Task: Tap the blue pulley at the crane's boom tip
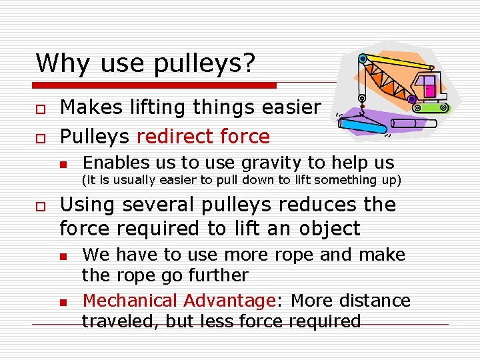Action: (362, 59)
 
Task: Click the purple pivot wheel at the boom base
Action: (412, 99)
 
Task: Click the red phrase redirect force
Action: (203, 137)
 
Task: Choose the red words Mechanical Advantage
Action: (179, 301)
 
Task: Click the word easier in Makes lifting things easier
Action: (287, 107)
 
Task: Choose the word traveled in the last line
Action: (115, 321)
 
